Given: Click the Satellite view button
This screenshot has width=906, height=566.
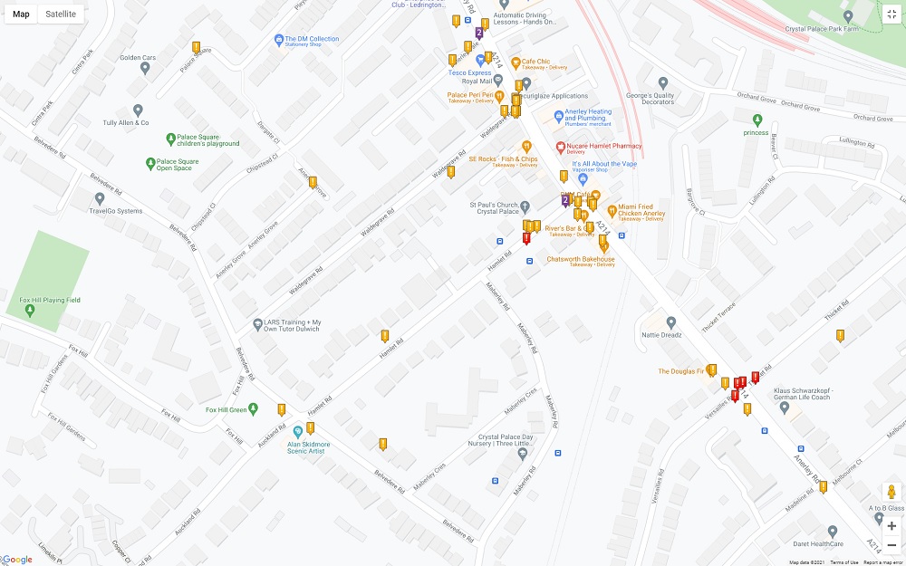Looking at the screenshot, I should [61, 14].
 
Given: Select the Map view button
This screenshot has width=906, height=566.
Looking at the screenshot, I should [21, 14].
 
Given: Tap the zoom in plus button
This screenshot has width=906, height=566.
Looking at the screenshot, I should [892, 525].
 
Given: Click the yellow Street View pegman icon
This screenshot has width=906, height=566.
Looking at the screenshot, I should [892, 493].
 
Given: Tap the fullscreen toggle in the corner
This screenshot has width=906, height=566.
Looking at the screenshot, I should [892, 14].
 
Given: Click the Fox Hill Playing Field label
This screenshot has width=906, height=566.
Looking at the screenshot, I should [50, 300].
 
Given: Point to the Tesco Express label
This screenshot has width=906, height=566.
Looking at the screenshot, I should [469, 72].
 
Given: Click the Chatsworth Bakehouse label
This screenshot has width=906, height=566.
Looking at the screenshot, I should [581, 260].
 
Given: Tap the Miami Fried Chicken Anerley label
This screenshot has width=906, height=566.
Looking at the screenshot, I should [641, 210].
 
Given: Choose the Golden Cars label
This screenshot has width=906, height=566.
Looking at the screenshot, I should [138, 58].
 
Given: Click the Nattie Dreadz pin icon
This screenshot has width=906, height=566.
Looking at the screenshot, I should [671, 322].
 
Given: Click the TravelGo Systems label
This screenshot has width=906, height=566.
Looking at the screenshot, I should [115, 211].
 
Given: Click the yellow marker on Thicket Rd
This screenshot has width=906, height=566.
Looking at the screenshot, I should [840, 335].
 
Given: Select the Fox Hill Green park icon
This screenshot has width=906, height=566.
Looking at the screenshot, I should [254, 409].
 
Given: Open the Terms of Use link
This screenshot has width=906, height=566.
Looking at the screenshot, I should [843, 562].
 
